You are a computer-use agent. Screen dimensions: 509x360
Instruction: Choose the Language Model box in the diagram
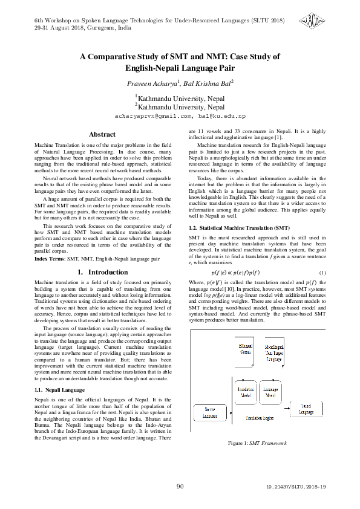coord(269,393)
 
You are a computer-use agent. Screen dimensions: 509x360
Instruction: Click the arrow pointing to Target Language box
coord(286,409)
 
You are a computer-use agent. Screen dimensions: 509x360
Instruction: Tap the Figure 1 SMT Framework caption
coord(257,444)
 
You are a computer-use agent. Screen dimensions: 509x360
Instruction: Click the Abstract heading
coord(102,134)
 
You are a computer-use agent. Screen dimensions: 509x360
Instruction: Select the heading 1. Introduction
coord(102,273)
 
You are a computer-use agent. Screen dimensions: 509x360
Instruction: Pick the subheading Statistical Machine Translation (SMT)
coord(231,228)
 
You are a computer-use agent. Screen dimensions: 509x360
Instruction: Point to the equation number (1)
coord(322,273)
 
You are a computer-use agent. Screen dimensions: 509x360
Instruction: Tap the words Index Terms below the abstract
coord(47,259)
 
